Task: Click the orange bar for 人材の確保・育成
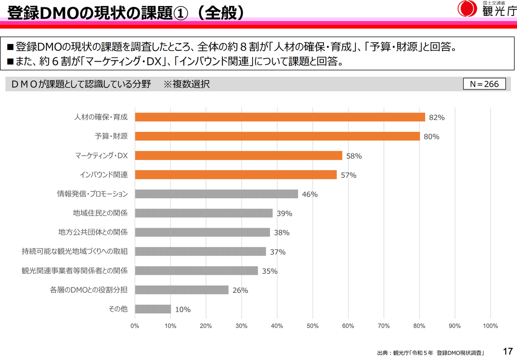coord(280,117)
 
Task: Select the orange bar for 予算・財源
coord(277,136)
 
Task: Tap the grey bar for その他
coord(153,309)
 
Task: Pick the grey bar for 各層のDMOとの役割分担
coord(181,290)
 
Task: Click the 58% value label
coord(354,156)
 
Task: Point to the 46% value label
coord(310,194)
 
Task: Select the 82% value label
coord(436,117)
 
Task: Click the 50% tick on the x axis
coord(312,326)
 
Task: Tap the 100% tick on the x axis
coord(490,326)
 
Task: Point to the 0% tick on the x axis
coord(135,326)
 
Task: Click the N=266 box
coord(484,84)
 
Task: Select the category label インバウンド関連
coord(103,175)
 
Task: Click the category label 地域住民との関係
coord(100,213)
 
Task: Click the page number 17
coord(507,351)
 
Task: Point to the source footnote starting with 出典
coord(431,353)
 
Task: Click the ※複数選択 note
coord(187,84)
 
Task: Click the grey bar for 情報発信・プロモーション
coord(216,194)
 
